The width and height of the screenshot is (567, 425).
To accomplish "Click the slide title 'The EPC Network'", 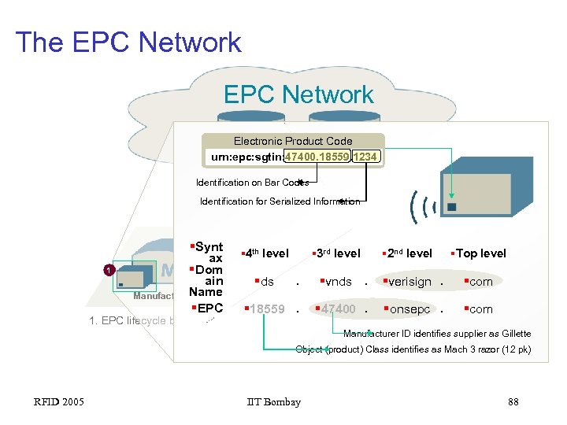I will tap(128, 42).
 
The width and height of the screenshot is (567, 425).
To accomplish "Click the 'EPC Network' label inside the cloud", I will tap(298, 94).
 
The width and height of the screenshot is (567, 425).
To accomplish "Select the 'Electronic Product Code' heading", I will tap(293, 141).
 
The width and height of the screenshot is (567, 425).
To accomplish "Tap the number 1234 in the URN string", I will tap(365, 157).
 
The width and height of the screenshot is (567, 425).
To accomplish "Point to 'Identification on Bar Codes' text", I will tap(252, 183).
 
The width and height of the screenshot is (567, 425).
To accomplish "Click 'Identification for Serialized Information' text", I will tap(280, 201).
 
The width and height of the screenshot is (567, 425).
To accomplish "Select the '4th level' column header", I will tap(265, 253).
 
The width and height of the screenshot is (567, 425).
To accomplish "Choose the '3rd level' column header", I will tap(338, 253).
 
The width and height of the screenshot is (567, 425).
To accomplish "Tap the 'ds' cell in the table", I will tap(267, 282).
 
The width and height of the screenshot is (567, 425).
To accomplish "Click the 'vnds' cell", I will tap(337, 282).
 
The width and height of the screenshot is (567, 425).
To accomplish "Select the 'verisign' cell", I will tap(410, 282).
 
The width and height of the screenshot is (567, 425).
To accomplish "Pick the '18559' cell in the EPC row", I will tap(267, 309).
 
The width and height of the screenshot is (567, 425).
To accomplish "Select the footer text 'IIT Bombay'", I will tap(273, 402).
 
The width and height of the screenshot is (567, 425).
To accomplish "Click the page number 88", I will tap(513, 402).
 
